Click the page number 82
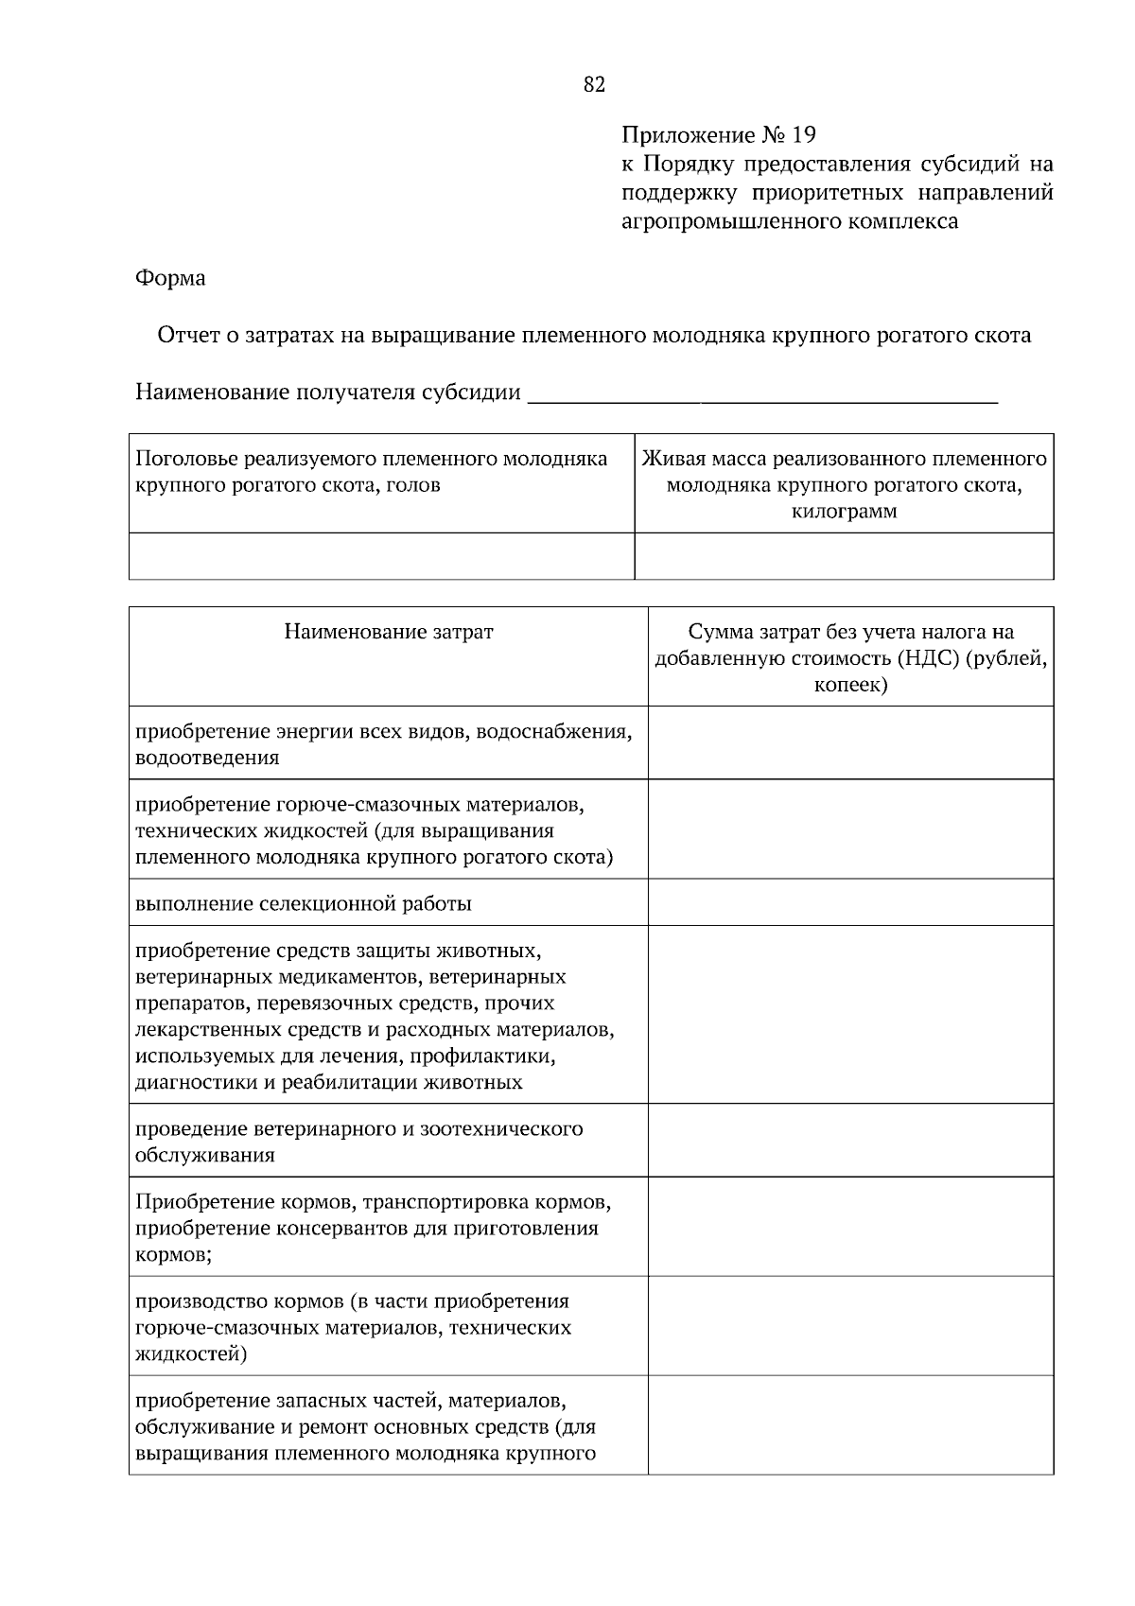594,85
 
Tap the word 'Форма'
170,278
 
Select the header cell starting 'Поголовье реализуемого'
381,472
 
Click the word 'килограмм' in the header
844,512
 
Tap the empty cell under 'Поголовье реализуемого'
381,555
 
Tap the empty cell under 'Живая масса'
844,555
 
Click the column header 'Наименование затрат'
388,632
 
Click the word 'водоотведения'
207,758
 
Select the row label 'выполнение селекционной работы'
304,903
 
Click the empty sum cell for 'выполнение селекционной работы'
850,902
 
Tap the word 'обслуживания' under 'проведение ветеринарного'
205,1155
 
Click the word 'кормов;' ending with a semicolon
173,1255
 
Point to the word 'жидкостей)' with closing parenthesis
191,1354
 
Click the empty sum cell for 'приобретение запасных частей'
850,1425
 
